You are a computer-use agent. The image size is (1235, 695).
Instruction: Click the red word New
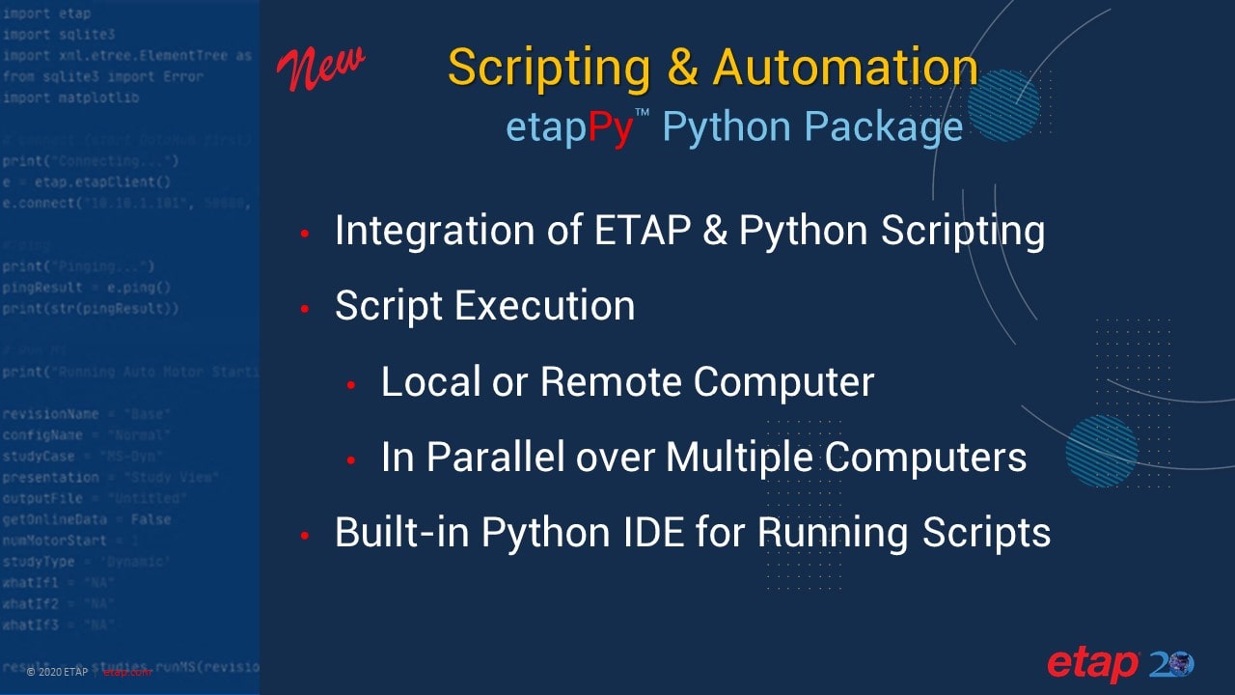[x=321, y=69]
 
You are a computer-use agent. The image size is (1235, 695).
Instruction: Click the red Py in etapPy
[x=610, y=128]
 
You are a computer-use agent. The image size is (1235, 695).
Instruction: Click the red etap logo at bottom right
[x=1092, y=664]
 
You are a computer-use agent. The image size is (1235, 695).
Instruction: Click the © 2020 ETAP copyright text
[x=57, y=672]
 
